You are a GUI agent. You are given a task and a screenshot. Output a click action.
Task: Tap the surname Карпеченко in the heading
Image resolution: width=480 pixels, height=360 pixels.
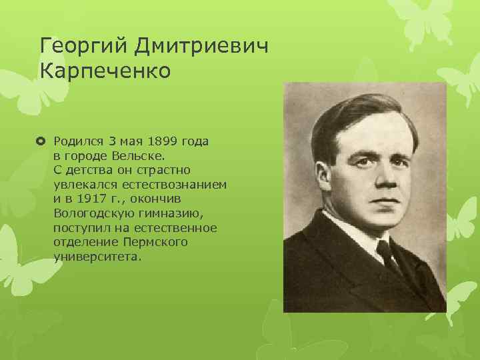pyautogui.click(x=106, y=69)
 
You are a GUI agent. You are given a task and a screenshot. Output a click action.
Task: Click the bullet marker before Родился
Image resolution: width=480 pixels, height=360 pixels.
pyautogui.click(x=43, y=141)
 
